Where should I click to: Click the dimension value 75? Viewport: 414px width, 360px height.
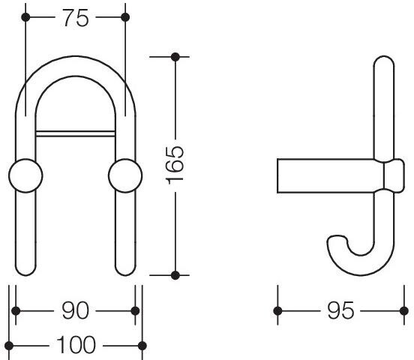[76, 18]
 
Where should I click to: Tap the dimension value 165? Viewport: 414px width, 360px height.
[174, 165]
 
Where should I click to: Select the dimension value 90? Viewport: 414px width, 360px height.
[75, 310]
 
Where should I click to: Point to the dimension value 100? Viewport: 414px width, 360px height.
[76, 345]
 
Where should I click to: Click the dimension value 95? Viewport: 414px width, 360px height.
[340, 310]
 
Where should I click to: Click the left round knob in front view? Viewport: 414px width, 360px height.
[25, 175]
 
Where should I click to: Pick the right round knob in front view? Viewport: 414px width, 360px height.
[125, 175]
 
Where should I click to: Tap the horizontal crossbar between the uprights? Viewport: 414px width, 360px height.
[75, 133]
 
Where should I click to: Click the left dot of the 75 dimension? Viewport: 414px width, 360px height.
[25, 17]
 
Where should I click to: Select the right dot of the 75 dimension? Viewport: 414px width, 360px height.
[125, 17]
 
